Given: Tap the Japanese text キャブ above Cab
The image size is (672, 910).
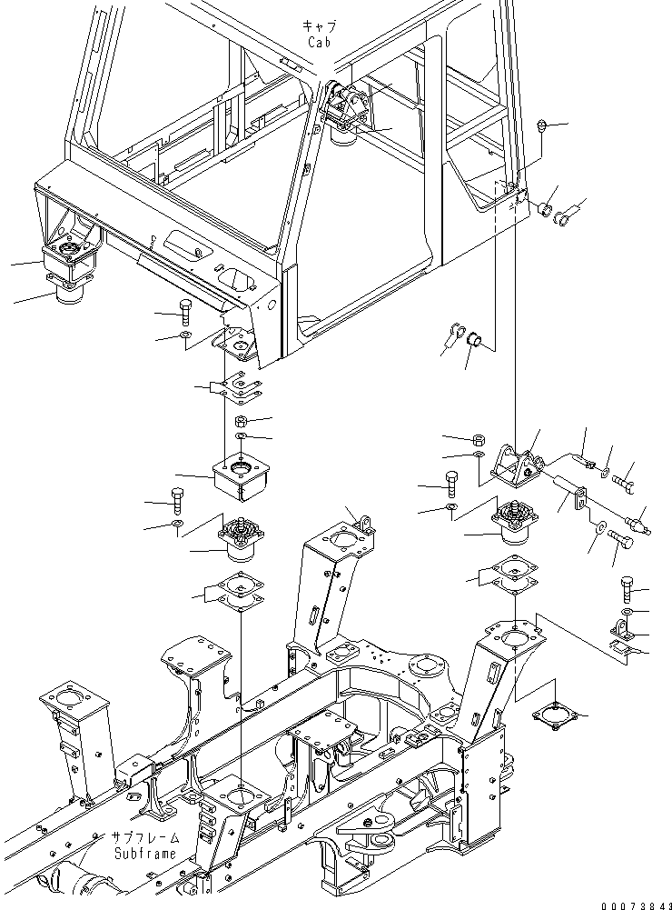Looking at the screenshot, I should pyautogui.click(x=320, y=27).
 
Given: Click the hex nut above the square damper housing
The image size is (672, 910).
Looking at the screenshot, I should pyautogui.click(x=242, y=421).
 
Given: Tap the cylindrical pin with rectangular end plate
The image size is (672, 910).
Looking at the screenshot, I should pyautogui.click(x=569, y=492).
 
